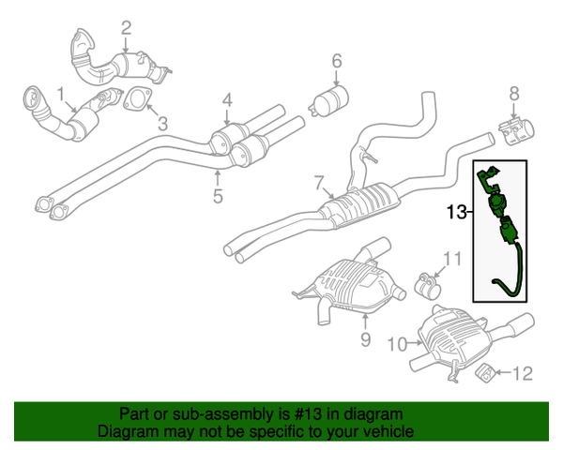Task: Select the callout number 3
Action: [161, 123]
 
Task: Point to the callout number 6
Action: [336, 63]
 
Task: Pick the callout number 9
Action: [366, 339]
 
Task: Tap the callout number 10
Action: [395, 344]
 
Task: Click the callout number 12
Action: [522, 374]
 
